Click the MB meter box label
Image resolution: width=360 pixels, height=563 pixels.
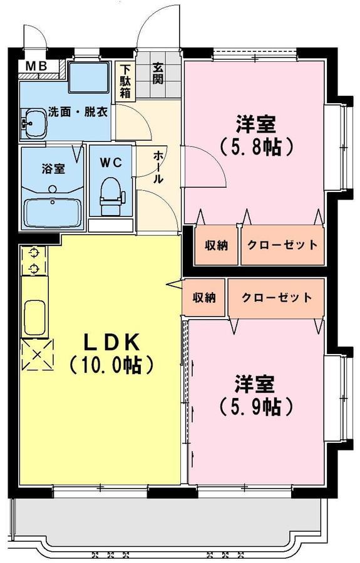[x=36, y=66]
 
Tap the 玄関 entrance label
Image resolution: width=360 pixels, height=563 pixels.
[x=157, y=74]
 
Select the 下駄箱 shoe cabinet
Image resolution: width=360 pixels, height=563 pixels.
[x=125, y=81]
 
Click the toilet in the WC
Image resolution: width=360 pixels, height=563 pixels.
[x=111, y=196]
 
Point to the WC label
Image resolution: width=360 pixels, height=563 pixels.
[x=111, y=163]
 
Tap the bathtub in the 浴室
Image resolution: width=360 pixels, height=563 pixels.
[x=53, y=213]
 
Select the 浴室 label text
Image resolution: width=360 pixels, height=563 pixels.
[x=53, y=169]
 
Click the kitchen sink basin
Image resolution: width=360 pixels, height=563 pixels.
[x=34, y=318]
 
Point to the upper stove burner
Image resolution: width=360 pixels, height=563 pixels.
[x=34, y=253]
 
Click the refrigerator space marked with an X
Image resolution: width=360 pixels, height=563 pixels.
[x=38, y=355]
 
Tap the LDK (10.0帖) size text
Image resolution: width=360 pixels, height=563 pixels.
[x=111, y=353]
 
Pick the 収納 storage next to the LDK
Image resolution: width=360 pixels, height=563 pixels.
[x=203, y=298]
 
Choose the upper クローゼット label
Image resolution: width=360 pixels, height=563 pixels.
[x=282, y=245]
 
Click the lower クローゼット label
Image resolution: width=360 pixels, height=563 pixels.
[x=277, y=298]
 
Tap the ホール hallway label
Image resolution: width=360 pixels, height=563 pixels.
[x=158, y=167]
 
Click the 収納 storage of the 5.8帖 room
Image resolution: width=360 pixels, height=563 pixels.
[x=216, y=245]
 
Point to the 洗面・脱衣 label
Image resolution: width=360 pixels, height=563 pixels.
[x=78, y=112]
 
